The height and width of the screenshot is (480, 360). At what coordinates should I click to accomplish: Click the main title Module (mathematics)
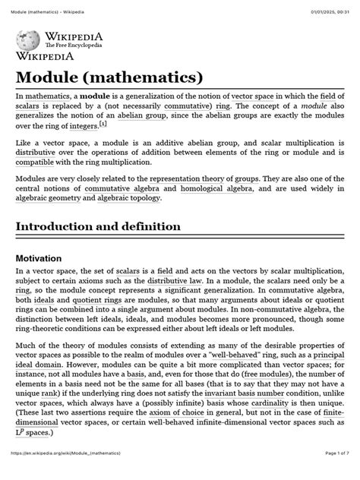pyautogui.click(x=109, y=77)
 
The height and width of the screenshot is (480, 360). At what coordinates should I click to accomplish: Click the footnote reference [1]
pyautogui.click(x=106, y=123)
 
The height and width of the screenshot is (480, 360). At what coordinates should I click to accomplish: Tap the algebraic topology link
pyautogui.click(x=128, y=197)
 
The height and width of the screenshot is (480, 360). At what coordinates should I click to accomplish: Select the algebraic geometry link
pyautogui.click(x=47, y=197)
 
